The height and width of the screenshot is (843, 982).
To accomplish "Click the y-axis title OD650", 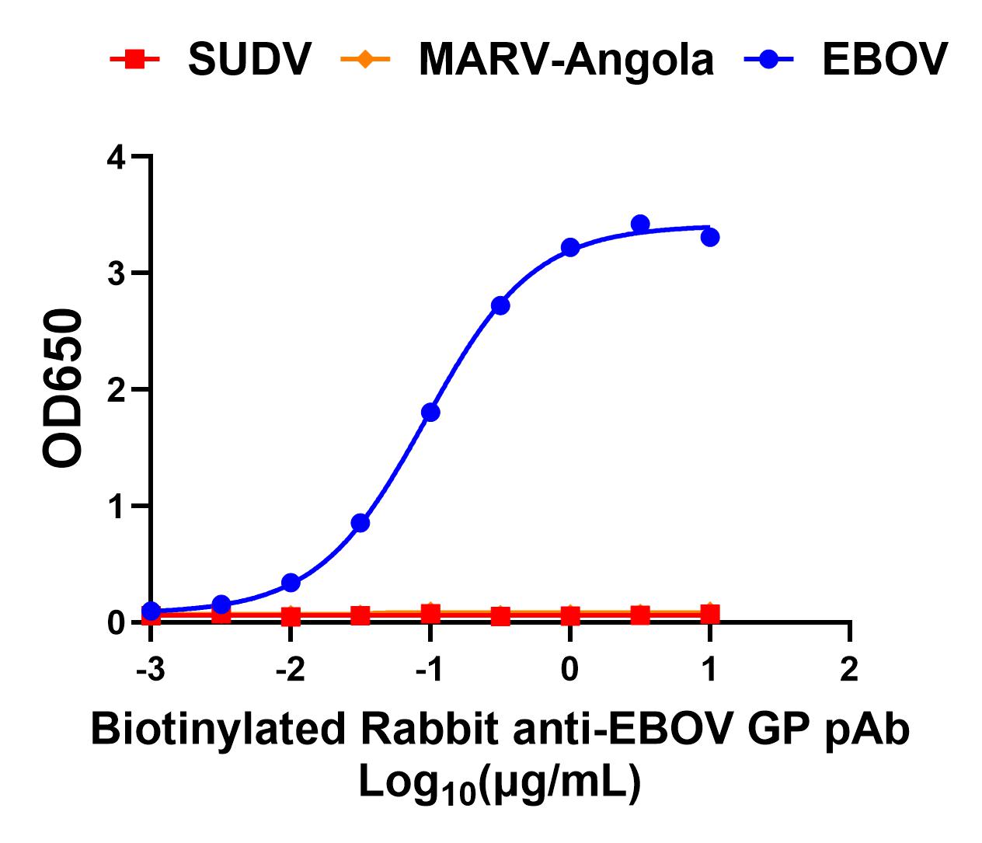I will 63,388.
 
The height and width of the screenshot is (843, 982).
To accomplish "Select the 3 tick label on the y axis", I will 117,273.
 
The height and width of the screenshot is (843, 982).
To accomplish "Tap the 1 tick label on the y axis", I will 117,507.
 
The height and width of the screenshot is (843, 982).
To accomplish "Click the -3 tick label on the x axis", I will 150,669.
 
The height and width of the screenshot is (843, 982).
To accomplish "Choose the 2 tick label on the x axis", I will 849,669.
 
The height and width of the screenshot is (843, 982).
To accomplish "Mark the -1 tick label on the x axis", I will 430,669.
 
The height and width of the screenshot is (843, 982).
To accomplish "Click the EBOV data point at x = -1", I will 430,412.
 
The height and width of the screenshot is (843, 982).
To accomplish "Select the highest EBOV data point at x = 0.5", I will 640,224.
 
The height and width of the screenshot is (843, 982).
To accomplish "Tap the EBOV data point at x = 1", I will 710,237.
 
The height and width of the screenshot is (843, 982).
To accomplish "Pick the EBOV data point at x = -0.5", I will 500,305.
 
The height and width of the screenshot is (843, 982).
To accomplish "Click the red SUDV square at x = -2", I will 291,617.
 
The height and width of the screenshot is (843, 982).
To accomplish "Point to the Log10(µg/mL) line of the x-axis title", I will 499,783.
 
